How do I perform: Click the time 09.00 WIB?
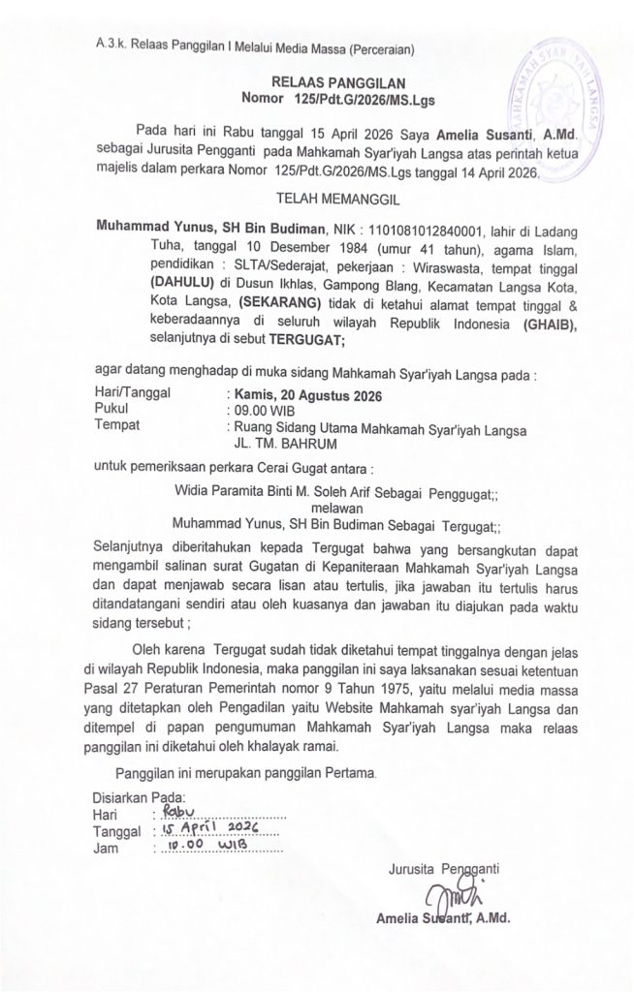tap(258, 411)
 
